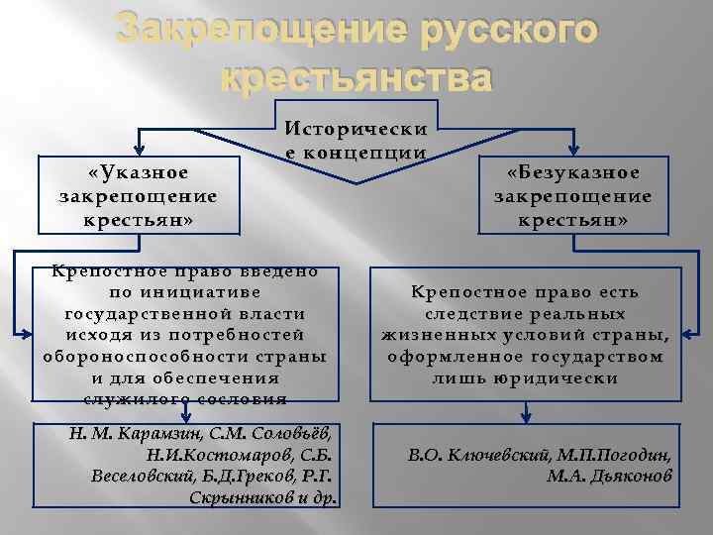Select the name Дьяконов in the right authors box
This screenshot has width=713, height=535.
[625, 477]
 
